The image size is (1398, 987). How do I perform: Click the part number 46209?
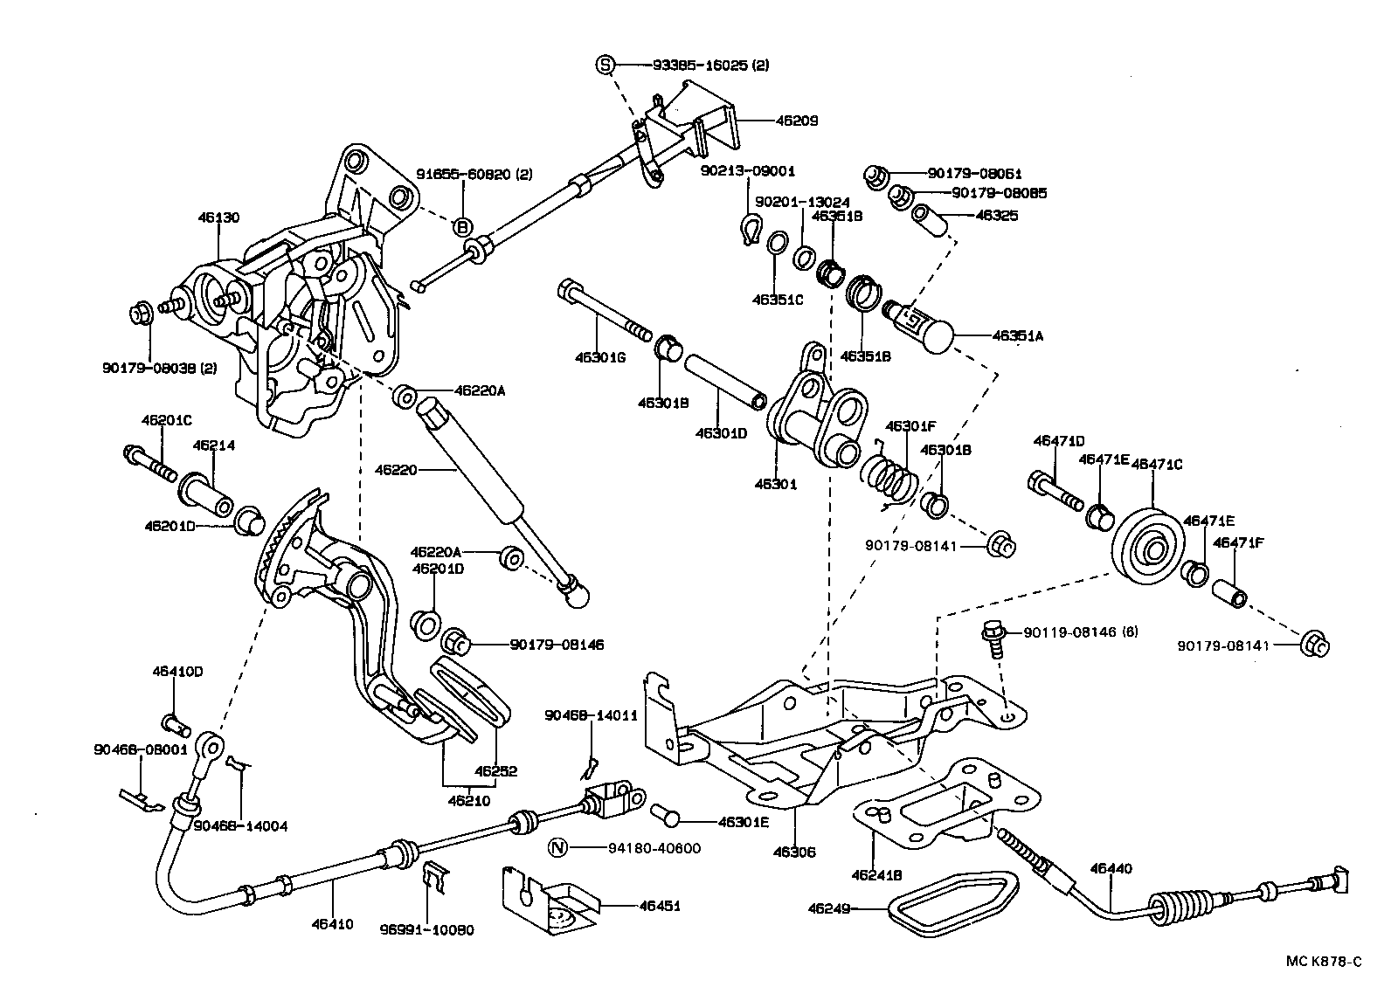click(x=797, y=121)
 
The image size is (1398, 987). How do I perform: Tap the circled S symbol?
click(x=606, y=64)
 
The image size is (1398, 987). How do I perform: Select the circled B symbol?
click(x=461, y=227)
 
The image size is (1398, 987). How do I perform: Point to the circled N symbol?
click(x=557, y=847)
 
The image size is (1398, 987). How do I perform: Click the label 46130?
click(x=218, y=217)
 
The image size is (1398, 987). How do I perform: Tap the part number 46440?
click(x=1111, y=868)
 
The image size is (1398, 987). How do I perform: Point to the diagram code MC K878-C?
click(x=1323, y=962)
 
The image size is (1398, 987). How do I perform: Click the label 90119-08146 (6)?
click(x=1082, y=632)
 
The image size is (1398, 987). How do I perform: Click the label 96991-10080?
click(x=428, y=930)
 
